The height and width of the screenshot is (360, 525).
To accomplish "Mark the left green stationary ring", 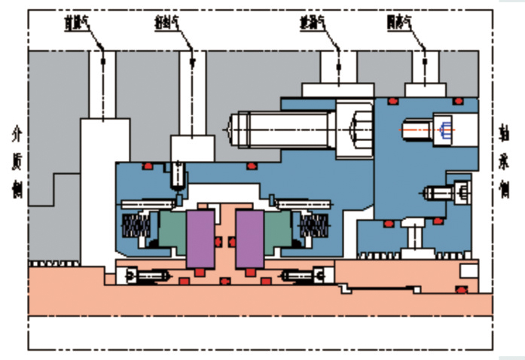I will click(171, 229).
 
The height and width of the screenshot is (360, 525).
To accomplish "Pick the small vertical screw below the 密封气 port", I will click(178, 175).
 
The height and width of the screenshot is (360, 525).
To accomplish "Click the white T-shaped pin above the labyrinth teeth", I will click(414, 242).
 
